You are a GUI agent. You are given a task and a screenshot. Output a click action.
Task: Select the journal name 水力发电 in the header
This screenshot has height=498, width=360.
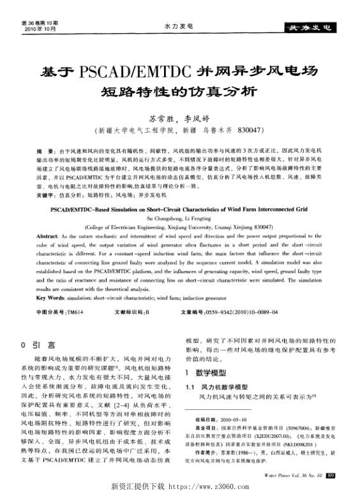coord(179,27)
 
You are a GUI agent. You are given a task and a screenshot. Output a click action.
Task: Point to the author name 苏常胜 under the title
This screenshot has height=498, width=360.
coord(160,118)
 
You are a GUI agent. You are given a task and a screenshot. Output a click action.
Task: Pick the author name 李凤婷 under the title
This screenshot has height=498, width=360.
coord(197,118)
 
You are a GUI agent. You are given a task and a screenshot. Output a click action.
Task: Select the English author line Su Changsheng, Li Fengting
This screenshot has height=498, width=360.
coord(181,218)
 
